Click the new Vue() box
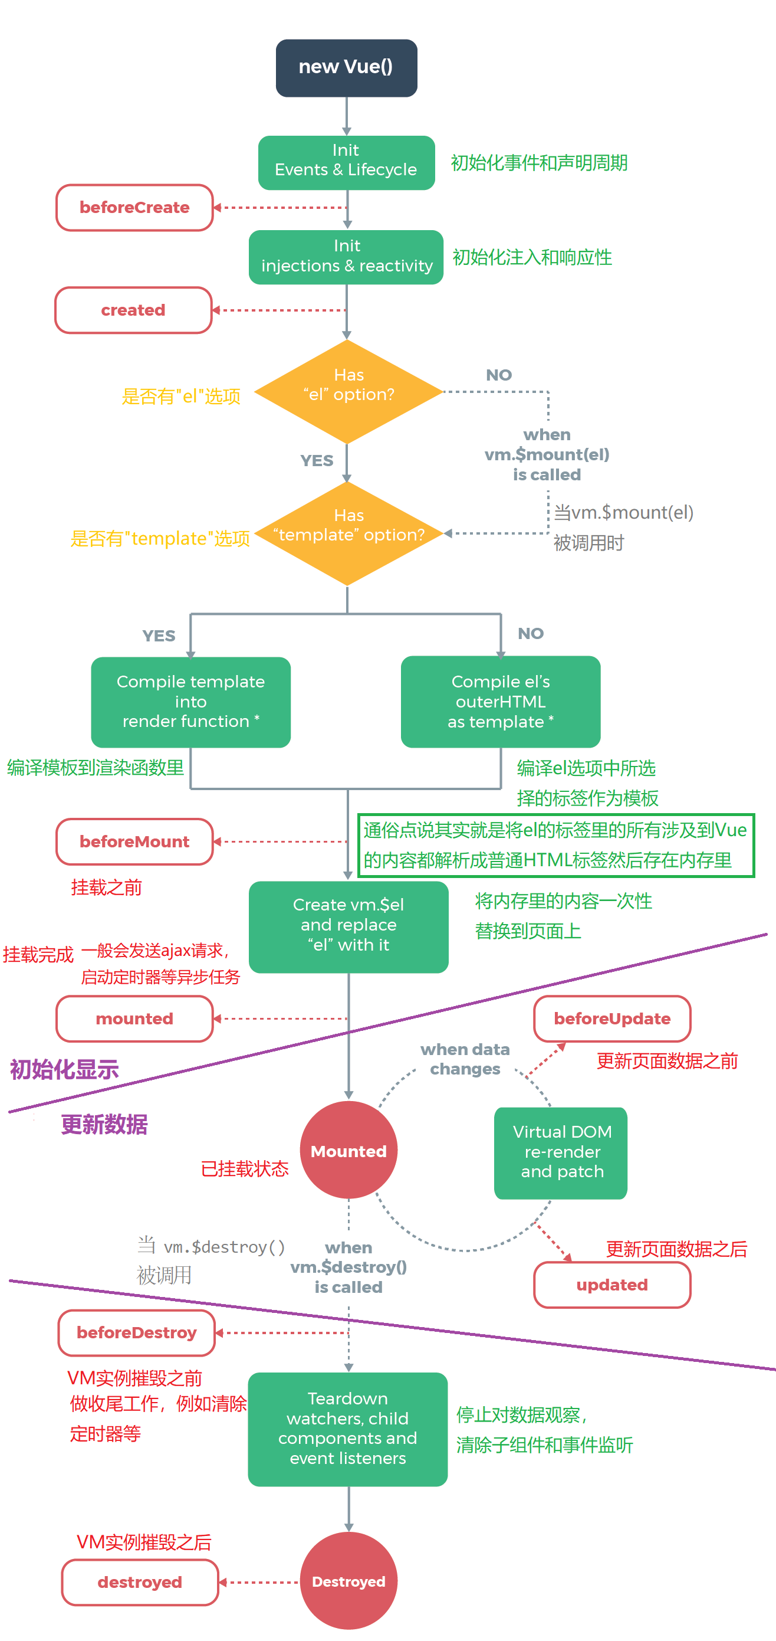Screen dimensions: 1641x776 [x=346, y=67]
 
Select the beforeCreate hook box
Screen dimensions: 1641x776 [x=134, y=208]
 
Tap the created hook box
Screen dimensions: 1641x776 [x=133, y=310]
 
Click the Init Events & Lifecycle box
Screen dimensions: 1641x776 [x=346, y=162]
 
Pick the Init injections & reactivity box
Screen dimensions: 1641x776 [x=346, y=257]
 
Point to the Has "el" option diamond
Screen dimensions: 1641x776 [x=348, y=391]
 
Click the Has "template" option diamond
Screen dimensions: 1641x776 [x=348, y=533]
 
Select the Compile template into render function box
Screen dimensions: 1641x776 [x=190, y=702]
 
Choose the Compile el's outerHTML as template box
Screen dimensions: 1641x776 [x=501, y=702]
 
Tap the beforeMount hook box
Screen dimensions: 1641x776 [x=134, y=841]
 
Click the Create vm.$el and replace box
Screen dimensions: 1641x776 [x=348, y=926]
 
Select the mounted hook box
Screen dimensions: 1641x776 [x=134, y=1018]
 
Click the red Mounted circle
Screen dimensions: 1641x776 [x=348, y=1151]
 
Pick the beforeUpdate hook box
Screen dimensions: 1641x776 [x=611, y=1018]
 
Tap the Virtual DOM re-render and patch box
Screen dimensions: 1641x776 [x=561, y=1152]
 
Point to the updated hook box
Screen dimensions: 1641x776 [x=611, y=1285]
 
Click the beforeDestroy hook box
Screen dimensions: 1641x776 [x=136, y=1332]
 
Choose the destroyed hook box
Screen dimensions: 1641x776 [x=139, y=1583]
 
